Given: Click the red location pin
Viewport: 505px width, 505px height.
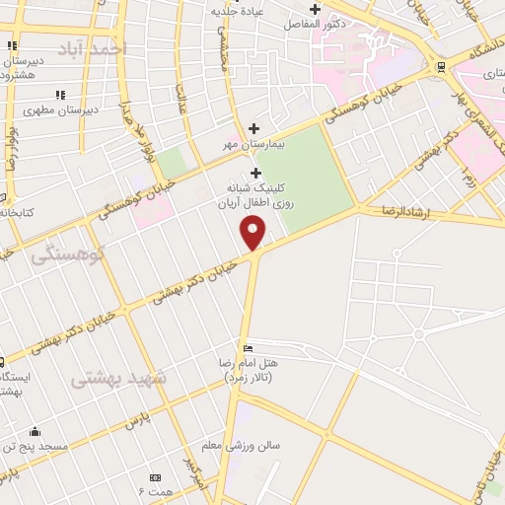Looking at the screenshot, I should (x=253, y=233).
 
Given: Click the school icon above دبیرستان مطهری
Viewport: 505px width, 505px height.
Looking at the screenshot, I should (x=60, y=95).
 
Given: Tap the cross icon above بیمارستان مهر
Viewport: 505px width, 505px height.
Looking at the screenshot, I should (x=254, y=128).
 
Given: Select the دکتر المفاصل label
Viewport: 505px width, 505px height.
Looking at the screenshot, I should (x=314, y=23).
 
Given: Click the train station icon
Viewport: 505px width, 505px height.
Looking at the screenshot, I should (x=440, y=67).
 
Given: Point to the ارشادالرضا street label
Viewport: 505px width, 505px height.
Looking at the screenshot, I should (x=389, y=212).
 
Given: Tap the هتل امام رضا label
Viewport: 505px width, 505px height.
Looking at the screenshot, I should (x=247, y=370).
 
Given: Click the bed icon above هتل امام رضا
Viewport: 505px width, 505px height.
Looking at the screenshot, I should (x=248, y=348).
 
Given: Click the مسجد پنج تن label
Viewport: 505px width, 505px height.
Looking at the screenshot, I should (x=36, y=447).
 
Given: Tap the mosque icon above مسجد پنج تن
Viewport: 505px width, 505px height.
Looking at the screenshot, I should (x=36, y=431).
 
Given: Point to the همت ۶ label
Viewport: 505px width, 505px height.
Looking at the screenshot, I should (x=156, y=490).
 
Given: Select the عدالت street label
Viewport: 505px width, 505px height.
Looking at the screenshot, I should (x=181, y=100).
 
